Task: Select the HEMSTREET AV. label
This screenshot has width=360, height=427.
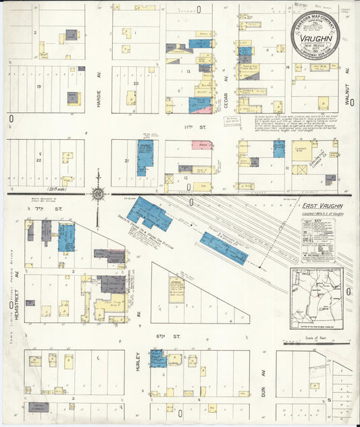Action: point(17,301)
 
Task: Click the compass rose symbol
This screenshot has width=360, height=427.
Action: point(99,194)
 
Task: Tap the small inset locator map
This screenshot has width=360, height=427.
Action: point(316,298)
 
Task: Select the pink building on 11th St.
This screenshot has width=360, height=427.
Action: point(201,145)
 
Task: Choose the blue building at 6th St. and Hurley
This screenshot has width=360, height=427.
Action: point(158,358)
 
